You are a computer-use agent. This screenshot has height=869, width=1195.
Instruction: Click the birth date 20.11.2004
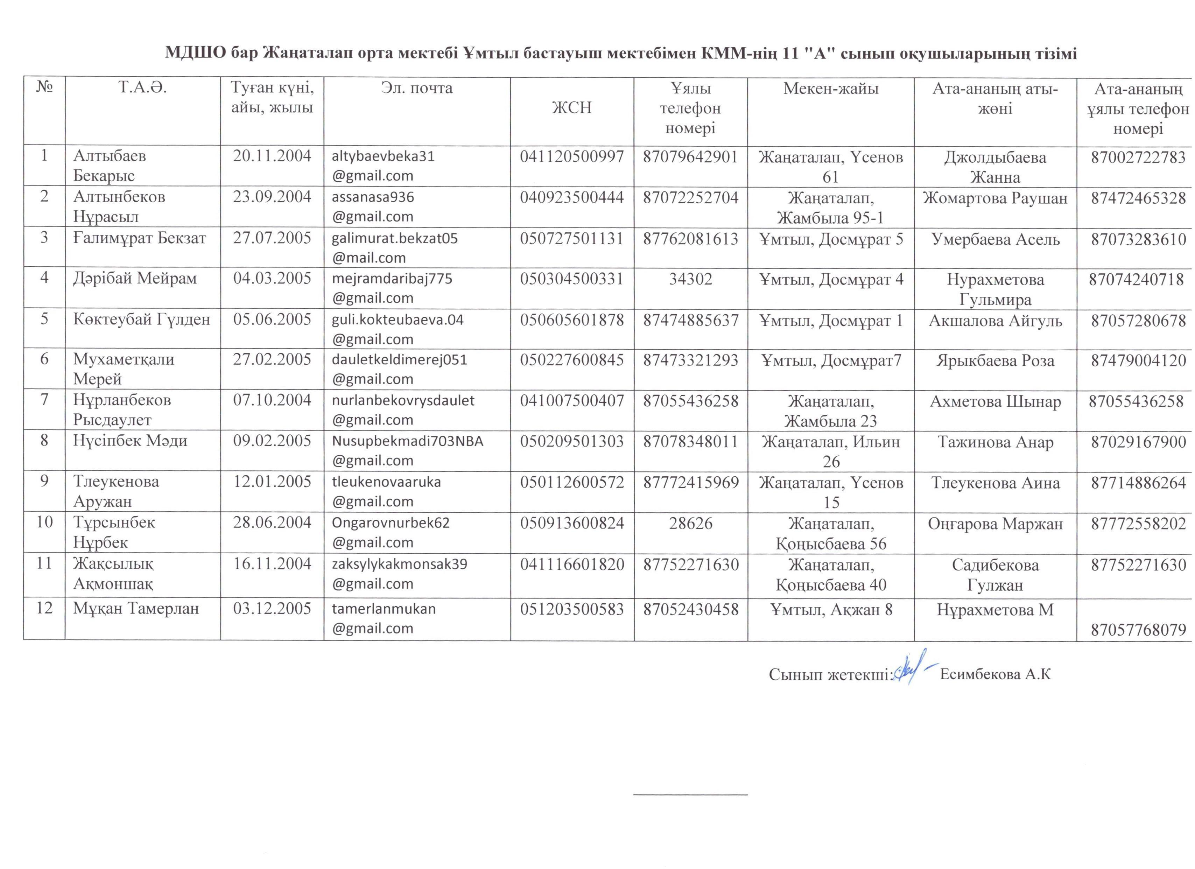(x=272, y=156)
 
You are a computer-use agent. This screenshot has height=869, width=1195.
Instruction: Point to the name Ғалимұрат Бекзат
(x=140, y=238)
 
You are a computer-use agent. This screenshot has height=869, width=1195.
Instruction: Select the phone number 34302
(x=690, y=279)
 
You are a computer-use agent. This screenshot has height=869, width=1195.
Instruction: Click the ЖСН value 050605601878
(x=572, y=320)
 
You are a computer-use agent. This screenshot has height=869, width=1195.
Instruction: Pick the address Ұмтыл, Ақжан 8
(x=831, y=610)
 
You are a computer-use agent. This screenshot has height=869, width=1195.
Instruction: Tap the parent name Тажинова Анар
(x=995, y=442)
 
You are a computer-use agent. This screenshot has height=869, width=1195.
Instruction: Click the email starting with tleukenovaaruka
(x=386, y=491)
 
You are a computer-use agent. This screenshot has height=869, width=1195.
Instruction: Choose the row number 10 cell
(x=44, y=522)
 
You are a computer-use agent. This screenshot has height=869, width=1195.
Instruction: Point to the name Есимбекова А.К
(x=995, y=674)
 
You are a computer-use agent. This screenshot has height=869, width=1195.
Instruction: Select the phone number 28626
(x=690, y=523)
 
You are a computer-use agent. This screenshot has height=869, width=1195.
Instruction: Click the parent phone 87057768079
(x=1138, y=630)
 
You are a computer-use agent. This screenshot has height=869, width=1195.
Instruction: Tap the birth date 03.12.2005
(x=272, y=609)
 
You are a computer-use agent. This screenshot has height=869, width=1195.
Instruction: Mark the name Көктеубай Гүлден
(x=142, y=319)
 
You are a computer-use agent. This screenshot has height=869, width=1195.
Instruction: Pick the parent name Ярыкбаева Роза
(x=995, y=360)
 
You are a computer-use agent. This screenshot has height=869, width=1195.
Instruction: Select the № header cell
(x=44, y=87)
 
